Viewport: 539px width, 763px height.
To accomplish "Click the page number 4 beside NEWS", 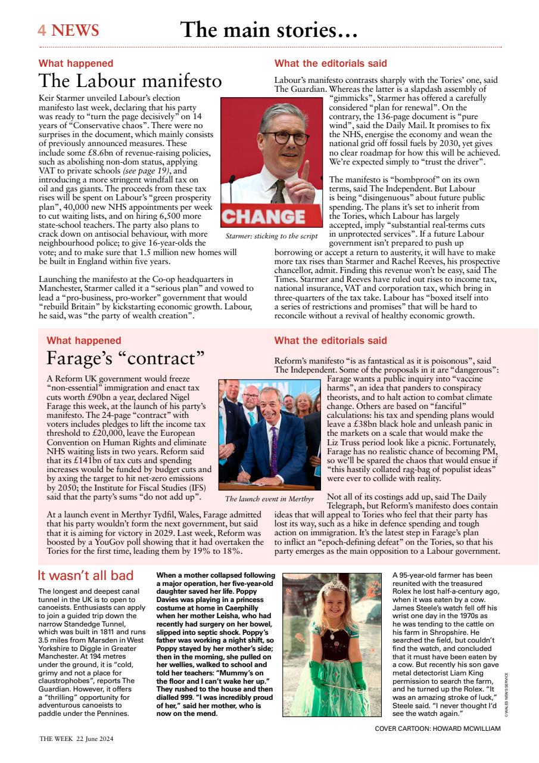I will (42, 30).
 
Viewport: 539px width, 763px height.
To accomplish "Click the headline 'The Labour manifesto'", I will (130, 80).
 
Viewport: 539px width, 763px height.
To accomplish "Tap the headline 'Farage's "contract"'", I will (125, 358).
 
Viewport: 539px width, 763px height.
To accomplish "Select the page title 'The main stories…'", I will (269, 29).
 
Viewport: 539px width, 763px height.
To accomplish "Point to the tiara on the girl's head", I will (335, 587).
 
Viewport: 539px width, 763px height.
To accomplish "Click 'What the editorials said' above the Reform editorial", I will (330, 341).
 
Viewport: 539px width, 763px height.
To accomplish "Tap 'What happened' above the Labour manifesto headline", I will (76, 63).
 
